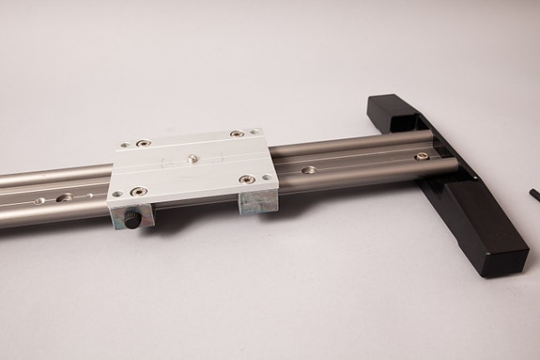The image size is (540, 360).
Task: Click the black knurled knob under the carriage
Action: [x=133, y=221]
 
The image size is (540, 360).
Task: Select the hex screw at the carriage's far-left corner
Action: [x=142, y=144]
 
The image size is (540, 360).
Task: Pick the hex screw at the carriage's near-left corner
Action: [x=140, y=193]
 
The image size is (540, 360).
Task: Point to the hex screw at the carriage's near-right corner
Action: [x=246, y=179]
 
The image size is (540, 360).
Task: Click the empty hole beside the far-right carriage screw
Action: [x=254, y=133]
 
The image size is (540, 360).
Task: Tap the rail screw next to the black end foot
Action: [x=421, y=156]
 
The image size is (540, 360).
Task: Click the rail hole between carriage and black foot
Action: [x=308, y=171]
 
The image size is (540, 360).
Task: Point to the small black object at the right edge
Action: [x=533, y=193]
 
